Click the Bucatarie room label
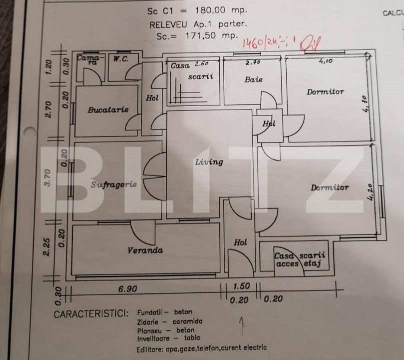click(x=108, y=109)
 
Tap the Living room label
click(x=209, y=162)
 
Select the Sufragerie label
click(x=114, y=184)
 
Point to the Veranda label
click(x=145, y=250)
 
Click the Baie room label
click(x=253, y=79)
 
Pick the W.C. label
click(x=120, y=59)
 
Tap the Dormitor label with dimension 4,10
click(x=325, y=92)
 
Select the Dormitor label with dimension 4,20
click(x=330, y=188)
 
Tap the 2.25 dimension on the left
click(x=47, y=247)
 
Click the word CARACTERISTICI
click(x=90, y=314)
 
